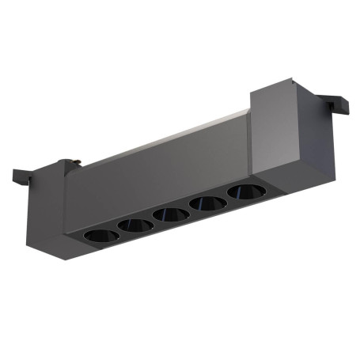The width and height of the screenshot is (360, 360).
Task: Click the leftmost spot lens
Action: click(100, 235)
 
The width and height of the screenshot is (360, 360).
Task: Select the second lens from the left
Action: click(135, 225)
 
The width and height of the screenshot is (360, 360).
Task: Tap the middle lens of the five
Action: click(170, 214)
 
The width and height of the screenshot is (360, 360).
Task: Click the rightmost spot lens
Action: click(244, 191)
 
